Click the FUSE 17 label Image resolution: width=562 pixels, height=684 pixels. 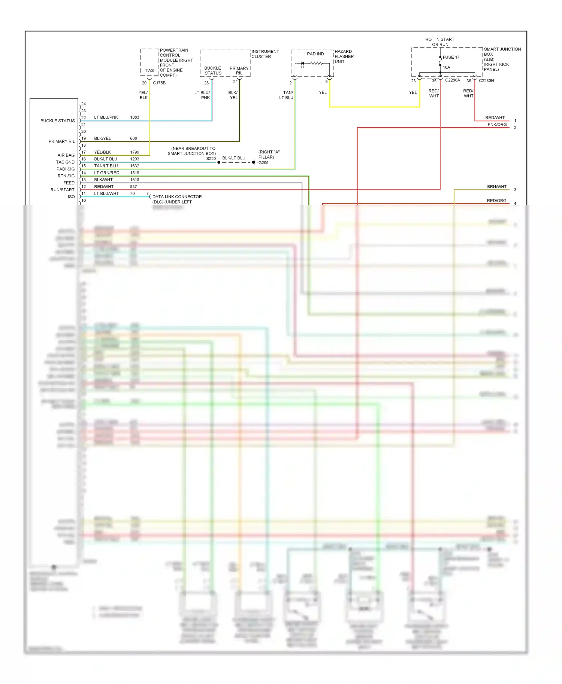coord(451,57)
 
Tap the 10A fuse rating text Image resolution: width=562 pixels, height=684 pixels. coord(447,67)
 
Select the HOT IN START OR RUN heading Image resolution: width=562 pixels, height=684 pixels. coord(440,42)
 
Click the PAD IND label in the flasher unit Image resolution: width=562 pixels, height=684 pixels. coord(315,54)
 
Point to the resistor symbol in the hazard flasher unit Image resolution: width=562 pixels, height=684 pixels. coord(317,63)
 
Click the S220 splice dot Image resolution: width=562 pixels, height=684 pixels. coord(219,162)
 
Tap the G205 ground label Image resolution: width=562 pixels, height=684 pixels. coord(263,163)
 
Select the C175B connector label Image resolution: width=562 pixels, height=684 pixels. coord(159,83)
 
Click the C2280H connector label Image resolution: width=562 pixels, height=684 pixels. coord(486,81)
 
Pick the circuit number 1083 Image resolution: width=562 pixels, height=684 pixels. coord(135,117)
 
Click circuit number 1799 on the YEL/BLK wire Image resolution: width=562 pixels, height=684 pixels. coord(135,152)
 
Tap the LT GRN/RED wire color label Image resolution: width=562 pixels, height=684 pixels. coord(106,173)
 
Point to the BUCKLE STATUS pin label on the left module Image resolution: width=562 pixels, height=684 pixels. coord(58,121)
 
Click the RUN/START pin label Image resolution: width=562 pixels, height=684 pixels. coord(63,190)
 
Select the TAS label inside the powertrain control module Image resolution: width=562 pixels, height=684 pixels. coord(149,70)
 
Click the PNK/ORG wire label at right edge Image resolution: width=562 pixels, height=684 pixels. coord(497,125)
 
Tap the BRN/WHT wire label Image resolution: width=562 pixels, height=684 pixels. coord(497,187)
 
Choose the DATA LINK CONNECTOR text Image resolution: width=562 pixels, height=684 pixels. coord(177,197)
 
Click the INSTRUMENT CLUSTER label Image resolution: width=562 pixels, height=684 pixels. coord(265,54)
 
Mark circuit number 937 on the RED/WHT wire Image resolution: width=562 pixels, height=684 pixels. coord(133,187)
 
